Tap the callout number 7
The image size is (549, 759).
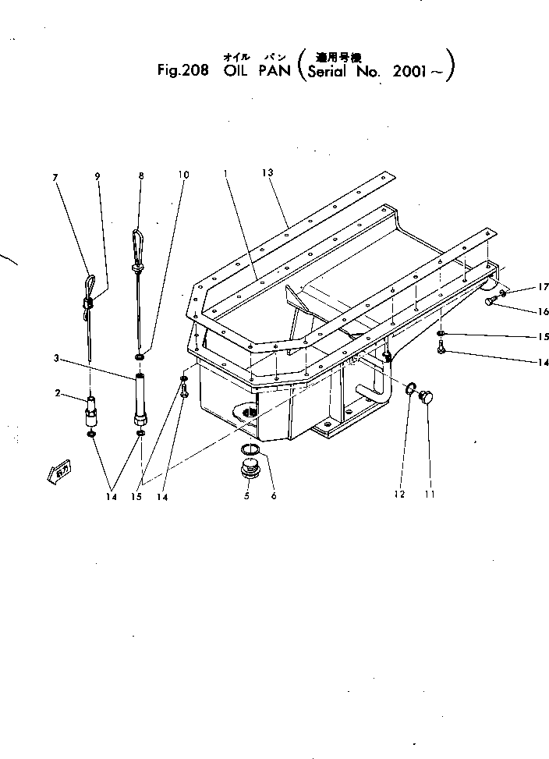click(55, 177)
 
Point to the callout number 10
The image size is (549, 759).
click(183, 175)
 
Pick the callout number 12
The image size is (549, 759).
click(400, 494)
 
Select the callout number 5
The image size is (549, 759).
click(247, 495)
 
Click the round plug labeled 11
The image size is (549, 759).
click(426, 397)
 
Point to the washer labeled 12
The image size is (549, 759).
click(409, 387)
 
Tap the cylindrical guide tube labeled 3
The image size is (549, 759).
click(140, 399)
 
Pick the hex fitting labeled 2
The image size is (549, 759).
click(91, 410)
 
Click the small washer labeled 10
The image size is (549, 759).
click(139, 358)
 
